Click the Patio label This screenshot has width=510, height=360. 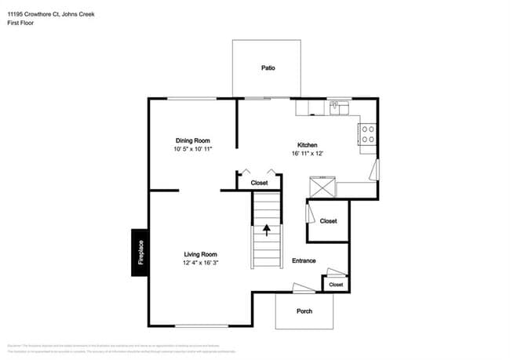pyautogui.click(x=268, y=68)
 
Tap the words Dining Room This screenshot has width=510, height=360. pyautogui.click(x=192, y=140)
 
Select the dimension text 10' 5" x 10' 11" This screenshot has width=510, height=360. pyautogui.click(x=193, y=149)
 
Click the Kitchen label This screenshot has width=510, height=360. pyautogui.click(x=306, y=145)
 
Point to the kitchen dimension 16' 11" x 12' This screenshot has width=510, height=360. pyautogui.click(x=306, y=154)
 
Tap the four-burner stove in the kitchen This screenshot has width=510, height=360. pyautogui.click(x=367, y=134)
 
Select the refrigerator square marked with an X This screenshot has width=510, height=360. pyautogui.click(x=322, y=187)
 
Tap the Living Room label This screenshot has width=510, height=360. pyautogui.click(x=200, y=254)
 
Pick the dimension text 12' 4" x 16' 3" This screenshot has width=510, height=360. pyautogui.click(x=200, y=263)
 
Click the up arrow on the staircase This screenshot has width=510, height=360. pyautogui.click(x=266, y=230)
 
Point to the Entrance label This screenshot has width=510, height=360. pyautogui.click(x=304, y=260)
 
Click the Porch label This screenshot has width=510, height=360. pyautogui.click(x=304, y=311)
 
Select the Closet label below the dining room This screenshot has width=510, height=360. pyautogui.click(x=259, y=183)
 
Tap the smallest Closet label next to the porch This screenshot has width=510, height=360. pyautogui.click(x=336, y=284)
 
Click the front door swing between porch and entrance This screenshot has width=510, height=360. pyautogui.click(x=303, y=289)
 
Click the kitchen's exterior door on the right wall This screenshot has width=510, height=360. pyautogui.click(x=377, y=170)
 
